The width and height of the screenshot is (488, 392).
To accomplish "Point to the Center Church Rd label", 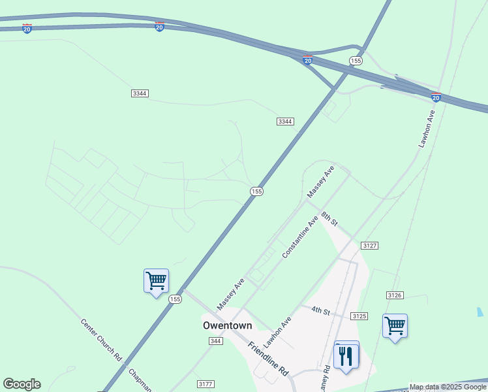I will click(x=101, y=340).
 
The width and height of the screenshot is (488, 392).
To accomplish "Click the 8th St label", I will click(x=329, y=219).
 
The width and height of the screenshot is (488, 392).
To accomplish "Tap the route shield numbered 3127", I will click(x=369, y=245).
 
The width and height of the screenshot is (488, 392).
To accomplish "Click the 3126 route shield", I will click(x=394, y=295).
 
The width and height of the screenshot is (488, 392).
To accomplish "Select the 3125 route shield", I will click(x=359, y=316).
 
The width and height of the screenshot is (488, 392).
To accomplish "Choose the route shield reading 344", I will click(x=216, y=341).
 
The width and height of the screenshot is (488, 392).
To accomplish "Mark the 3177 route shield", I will click(x=206, y=384).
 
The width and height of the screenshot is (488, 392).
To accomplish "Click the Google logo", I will click(x=22, y=384).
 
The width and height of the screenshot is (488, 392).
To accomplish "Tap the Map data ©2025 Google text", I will click(x=448, y=387).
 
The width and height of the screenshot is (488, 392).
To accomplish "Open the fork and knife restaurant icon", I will click(x=346, y=355).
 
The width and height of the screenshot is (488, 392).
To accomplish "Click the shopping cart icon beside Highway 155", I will click(x=156, y=281).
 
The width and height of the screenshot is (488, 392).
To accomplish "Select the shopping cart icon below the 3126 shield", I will click(x=395, y=325).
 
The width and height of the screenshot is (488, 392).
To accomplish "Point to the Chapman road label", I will click(x=140, y=381).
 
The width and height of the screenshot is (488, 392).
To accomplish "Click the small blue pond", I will click(x=480, y=312).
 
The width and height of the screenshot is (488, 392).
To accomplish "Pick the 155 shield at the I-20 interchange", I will click(x=355, y=61).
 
